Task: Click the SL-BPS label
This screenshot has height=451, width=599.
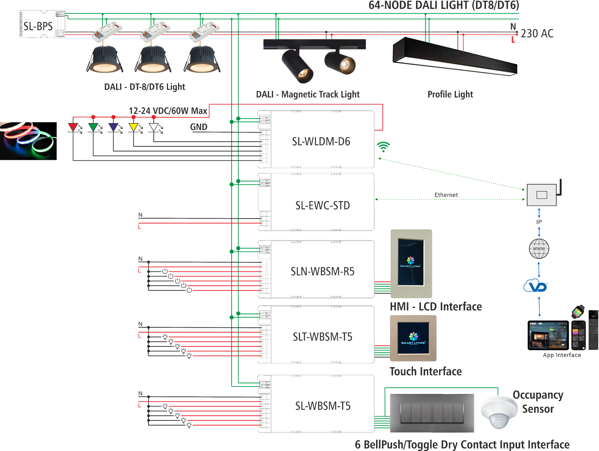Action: click(x=38, y=26)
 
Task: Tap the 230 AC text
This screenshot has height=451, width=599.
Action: click(x=537, y=33)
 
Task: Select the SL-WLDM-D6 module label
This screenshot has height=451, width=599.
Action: click(x=321, y=141)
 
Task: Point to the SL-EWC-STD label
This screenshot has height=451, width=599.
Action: click(x=322, y=205)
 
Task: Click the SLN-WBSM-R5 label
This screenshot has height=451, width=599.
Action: click(x=322, y=271)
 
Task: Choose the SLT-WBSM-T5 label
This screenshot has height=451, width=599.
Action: click(x=322, y=337)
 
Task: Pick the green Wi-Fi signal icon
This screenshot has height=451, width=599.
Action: click(x=383, y=147)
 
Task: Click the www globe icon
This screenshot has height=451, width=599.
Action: click(x=539, y=249)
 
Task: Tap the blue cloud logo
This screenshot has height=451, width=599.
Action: click(x=535, y=286)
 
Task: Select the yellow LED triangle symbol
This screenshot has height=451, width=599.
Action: click(x=134, y=127)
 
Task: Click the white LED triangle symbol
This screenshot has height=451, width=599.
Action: click(x=153, y=127)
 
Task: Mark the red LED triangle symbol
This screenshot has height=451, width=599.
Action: click(x=73, y=127)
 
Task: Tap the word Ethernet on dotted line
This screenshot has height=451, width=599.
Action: click(x=446, y=195)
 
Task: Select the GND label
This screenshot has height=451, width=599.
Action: click(x=199, y=127)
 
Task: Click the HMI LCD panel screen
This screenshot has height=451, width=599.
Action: click(x=411, y=262)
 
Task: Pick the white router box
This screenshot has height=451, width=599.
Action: click(x=542, y=195)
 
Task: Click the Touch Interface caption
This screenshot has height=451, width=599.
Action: click(x=425, y=371)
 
